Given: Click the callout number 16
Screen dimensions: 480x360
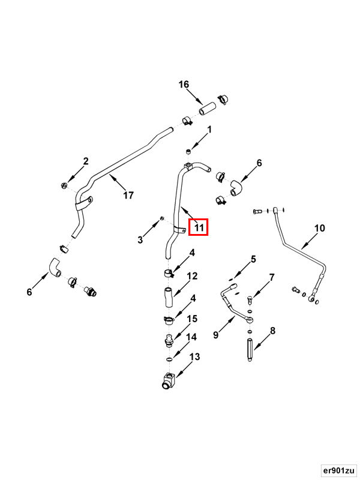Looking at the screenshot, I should pyautogui.click(x=183, y=85).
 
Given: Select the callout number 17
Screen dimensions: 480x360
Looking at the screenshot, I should pyautogui.click(x=128, y=194).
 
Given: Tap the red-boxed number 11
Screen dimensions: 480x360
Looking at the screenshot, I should pyautogui.click(x=199, y=227).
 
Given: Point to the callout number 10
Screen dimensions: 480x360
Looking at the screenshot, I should pyautogui.click(x=319, y=229).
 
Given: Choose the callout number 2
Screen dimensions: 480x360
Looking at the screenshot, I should pyautogui.click(x=86, y=161).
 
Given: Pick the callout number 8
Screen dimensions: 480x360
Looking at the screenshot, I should pyautogui.click(x=272, y=331).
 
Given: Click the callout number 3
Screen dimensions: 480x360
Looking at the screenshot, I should pyautogui.click(x=140, y=239).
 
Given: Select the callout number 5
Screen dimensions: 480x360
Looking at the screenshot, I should pyautogui.click(x=253, y=259).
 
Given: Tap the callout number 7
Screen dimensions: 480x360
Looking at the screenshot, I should pyautogui.click(x=272, y=277).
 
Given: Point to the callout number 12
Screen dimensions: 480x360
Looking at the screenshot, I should pyautogui.click(x=193, y=276).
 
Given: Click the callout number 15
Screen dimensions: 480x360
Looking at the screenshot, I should pyautogui.click(x=193, y=319).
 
